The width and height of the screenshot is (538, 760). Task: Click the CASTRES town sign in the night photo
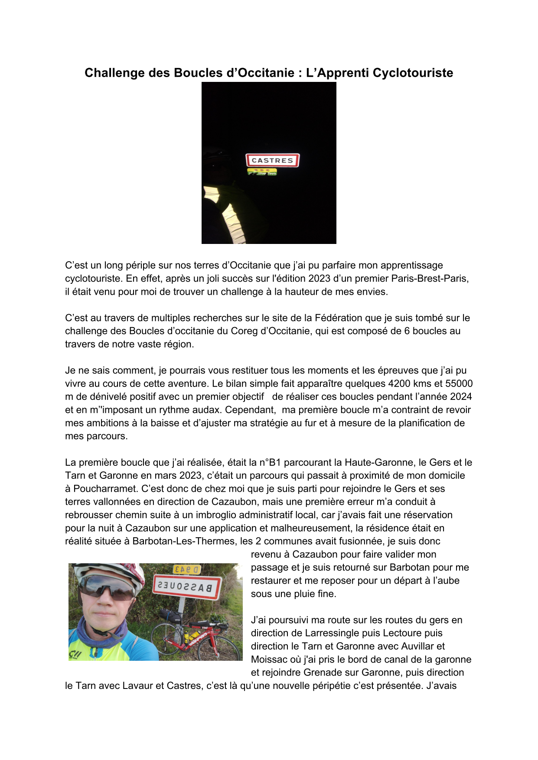[x=272, y=160]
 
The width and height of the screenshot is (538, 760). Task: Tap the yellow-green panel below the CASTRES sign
[x=262, y=172]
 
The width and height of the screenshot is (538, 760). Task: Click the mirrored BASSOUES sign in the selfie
[x=186, y=587]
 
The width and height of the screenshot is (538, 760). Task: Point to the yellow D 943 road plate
[x=187, y=569]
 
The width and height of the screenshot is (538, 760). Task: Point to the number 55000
[x=459, y=383]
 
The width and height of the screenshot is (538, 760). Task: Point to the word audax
[x=205, y=410]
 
